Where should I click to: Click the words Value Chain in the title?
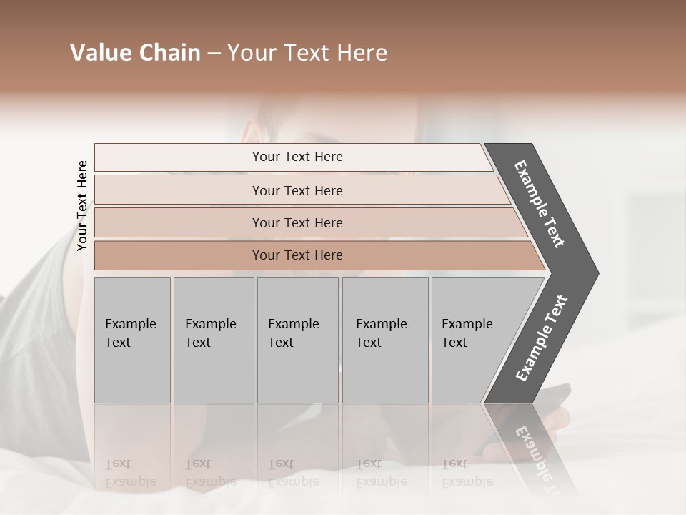(x=135, y=53)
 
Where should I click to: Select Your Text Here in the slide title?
(x=307, y=53)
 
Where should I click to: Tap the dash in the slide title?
(x=214, y=54)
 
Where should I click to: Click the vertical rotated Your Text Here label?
(x=82, y=205)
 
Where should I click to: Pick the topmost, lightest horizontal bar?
(x=297, y=157)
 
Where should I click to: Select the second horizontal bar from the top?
(x=297, y=190)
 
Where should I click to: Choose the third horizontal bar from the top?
(x=297, y=222)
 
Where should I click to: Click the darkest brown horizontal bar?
(x=297, y=255)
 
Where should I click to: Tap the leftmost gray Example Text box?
(x=132, y=339)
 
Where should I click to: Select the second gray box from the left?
(x=213, y=339)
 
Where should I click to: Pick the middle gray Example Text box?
(x=297, y=339)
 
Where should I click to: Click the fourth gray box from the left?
(x=384, y=339)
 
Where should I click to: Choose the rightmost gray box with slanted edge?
(x=472, y=339)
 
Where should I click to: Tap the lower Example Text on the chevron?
(x=542, y=338)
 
